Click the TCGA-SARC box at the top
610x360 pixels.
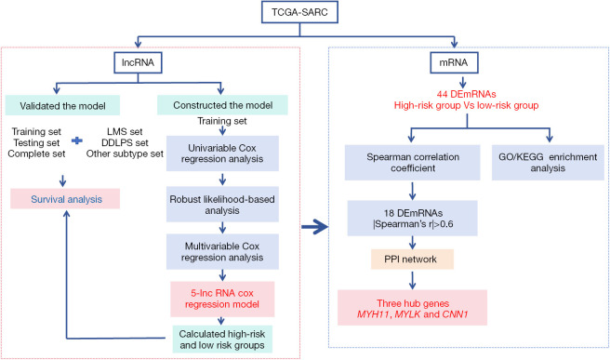tap(299, 12)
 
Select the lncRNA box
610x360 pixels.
tap(138, 62)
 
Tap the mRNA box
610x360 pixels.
tap(454, 62)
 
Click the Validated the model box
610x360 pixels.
tap(62, 105)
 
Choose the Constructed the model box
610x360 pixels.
tap(222, 105)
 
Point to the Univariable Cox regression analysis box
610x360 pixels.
tap(222, 153)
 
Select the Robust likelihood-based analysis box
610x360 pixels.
tap(222, 205)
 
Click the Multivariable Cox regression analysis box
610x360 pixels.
tap(222, 252)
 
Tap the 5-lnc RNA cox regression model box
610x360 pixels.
tap(222, 299)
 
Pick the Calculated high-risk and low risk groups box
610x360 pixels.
tap(222, 340)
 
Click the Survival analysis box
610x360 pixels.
tap(65, 199)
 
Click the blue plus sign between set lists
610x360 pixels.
tap(77, 140)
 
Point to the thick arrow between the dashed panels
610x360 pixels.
tap(314, 227)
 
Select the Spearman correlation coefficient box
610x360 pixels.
tap(412, 163)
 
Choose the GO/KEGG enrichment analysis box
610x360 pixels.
tap(548, 163)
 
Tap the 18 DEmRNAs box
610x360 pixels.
tap(412, 219)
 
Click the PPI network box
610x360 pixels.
tap(412, 260)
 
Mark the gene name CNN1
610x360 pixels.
tap(456, 314)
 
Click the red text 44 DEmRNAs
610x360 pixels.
tap(466, 94)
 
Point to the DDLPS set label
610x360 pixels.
tap(125, 143)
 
